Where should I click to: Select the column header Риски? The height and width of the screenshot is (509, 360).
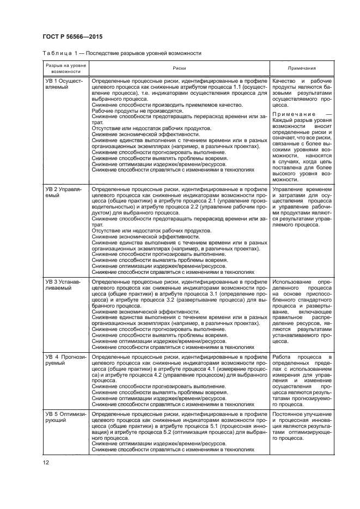(180, 69)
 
